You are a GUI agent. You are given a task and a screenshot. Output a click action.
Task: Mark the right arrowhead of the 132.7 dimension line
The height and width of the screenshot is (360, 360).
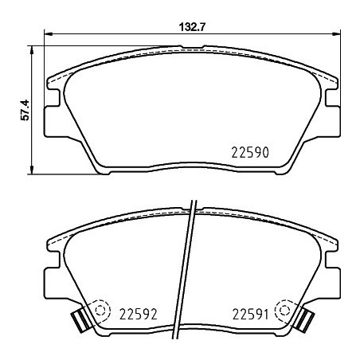point(336,34)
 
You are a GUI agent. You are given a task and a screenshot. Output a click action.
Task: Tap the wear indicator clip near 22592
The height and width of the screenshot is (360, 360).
point(79,320)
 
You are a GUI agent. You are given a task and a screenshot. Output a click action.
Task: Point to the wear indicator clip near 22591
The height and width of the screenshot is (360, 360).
point(304,320)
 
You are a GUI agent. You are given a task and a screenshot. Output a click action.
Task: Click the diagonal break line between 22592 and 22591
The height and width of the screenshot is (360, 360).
point(190,271)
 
